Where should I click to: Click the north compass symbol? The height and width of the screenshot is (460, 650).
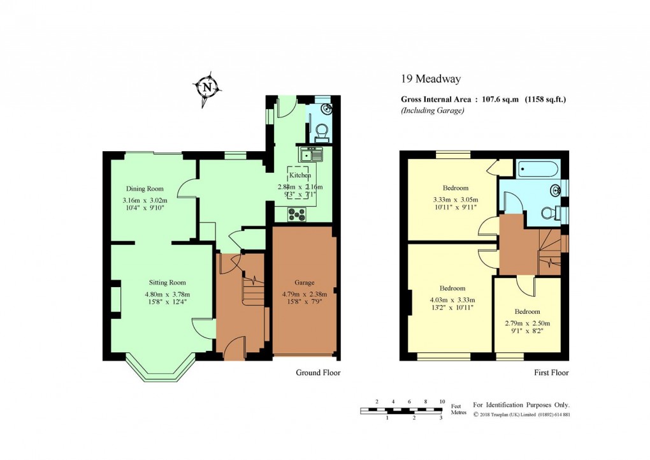tap(206, 87)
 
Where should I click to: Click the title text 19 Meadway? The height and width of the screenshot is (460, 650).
tap(431, 79)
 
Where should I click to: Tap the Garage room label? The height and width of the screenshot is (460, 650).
tap(305, 283)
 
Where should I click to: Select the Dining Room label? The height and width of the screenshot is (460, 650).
tap(145, 189)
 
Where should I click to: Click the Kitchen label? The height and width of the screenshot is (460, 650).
tap(300, 175)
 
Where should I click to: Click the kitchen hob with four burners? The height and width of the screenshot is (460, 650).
tap(297, 215)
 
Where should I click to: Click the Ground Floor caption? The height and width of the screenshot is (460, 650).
tap(318, 373)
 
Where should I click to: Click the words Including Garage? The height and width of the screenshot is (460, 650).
tap(432, 110)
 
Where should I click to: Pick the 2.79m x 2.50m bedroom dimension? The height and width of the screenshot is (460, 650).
tap(527, 323)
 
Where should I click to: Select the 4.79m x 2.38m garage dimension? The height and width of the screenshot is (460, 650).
tap(305, 294)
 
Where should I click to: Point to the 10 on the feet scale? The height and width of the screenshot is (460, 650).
tap(442, 401)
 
